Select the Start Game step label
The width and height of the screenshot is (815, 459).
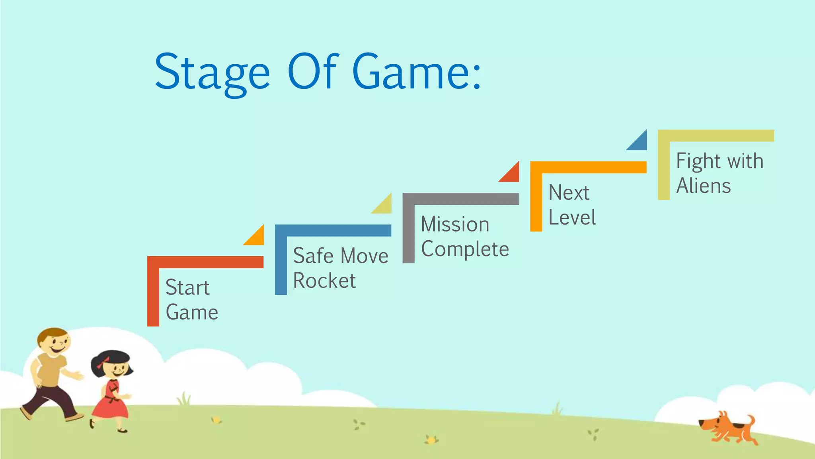point(191,300)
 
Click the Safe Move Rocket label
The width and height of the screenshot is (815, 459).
point(340,268)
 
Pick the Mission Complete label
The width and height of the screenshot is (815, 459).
point(465,237)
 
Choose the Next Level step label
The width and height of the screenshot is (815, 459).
point(572,205)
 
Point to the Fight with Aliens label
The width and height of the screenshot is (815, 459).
point(719,173)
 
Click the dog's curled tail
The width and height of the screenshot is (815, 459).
point(751,421)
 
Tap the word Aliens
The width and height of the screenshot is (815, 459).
point(704,186)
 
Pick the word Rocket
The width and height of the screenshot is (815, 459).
point(324,280)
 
